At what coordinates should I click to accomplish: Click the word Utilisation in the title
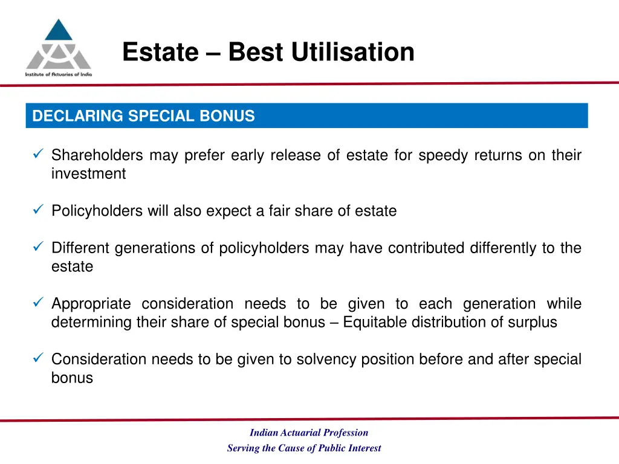(x=352, y=53)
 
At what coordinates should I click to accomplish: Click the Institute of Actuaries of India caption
(x=58, y=74)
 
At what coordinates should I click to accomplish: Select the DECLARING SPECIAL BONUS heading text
(x=143, y=116)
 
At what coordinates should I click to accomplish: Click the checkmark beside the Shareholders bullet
(x=37, y=155)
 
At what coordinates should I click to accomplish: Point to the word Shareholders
(x=97, y=156)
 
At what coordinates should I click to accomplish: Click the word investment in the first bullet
(x=88, y=174)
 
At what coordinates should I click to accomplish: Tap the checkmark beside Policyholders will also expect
(x=37, y=211)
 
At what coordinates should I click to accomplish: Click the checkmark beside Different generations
(x=37, y=248)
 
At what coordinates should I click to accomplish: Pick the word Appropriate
(x=91, y=304)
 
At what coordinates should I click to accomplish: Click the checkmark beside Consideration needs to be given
(x=37, y=359)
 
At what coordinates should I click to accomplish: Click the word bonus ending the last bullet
(x=72, y=378)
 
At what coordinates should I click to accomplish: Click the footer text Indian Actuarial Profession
(x=309, y=433)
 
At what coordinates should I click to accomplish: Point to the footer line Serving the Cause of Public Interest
(x=304, y=448)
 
